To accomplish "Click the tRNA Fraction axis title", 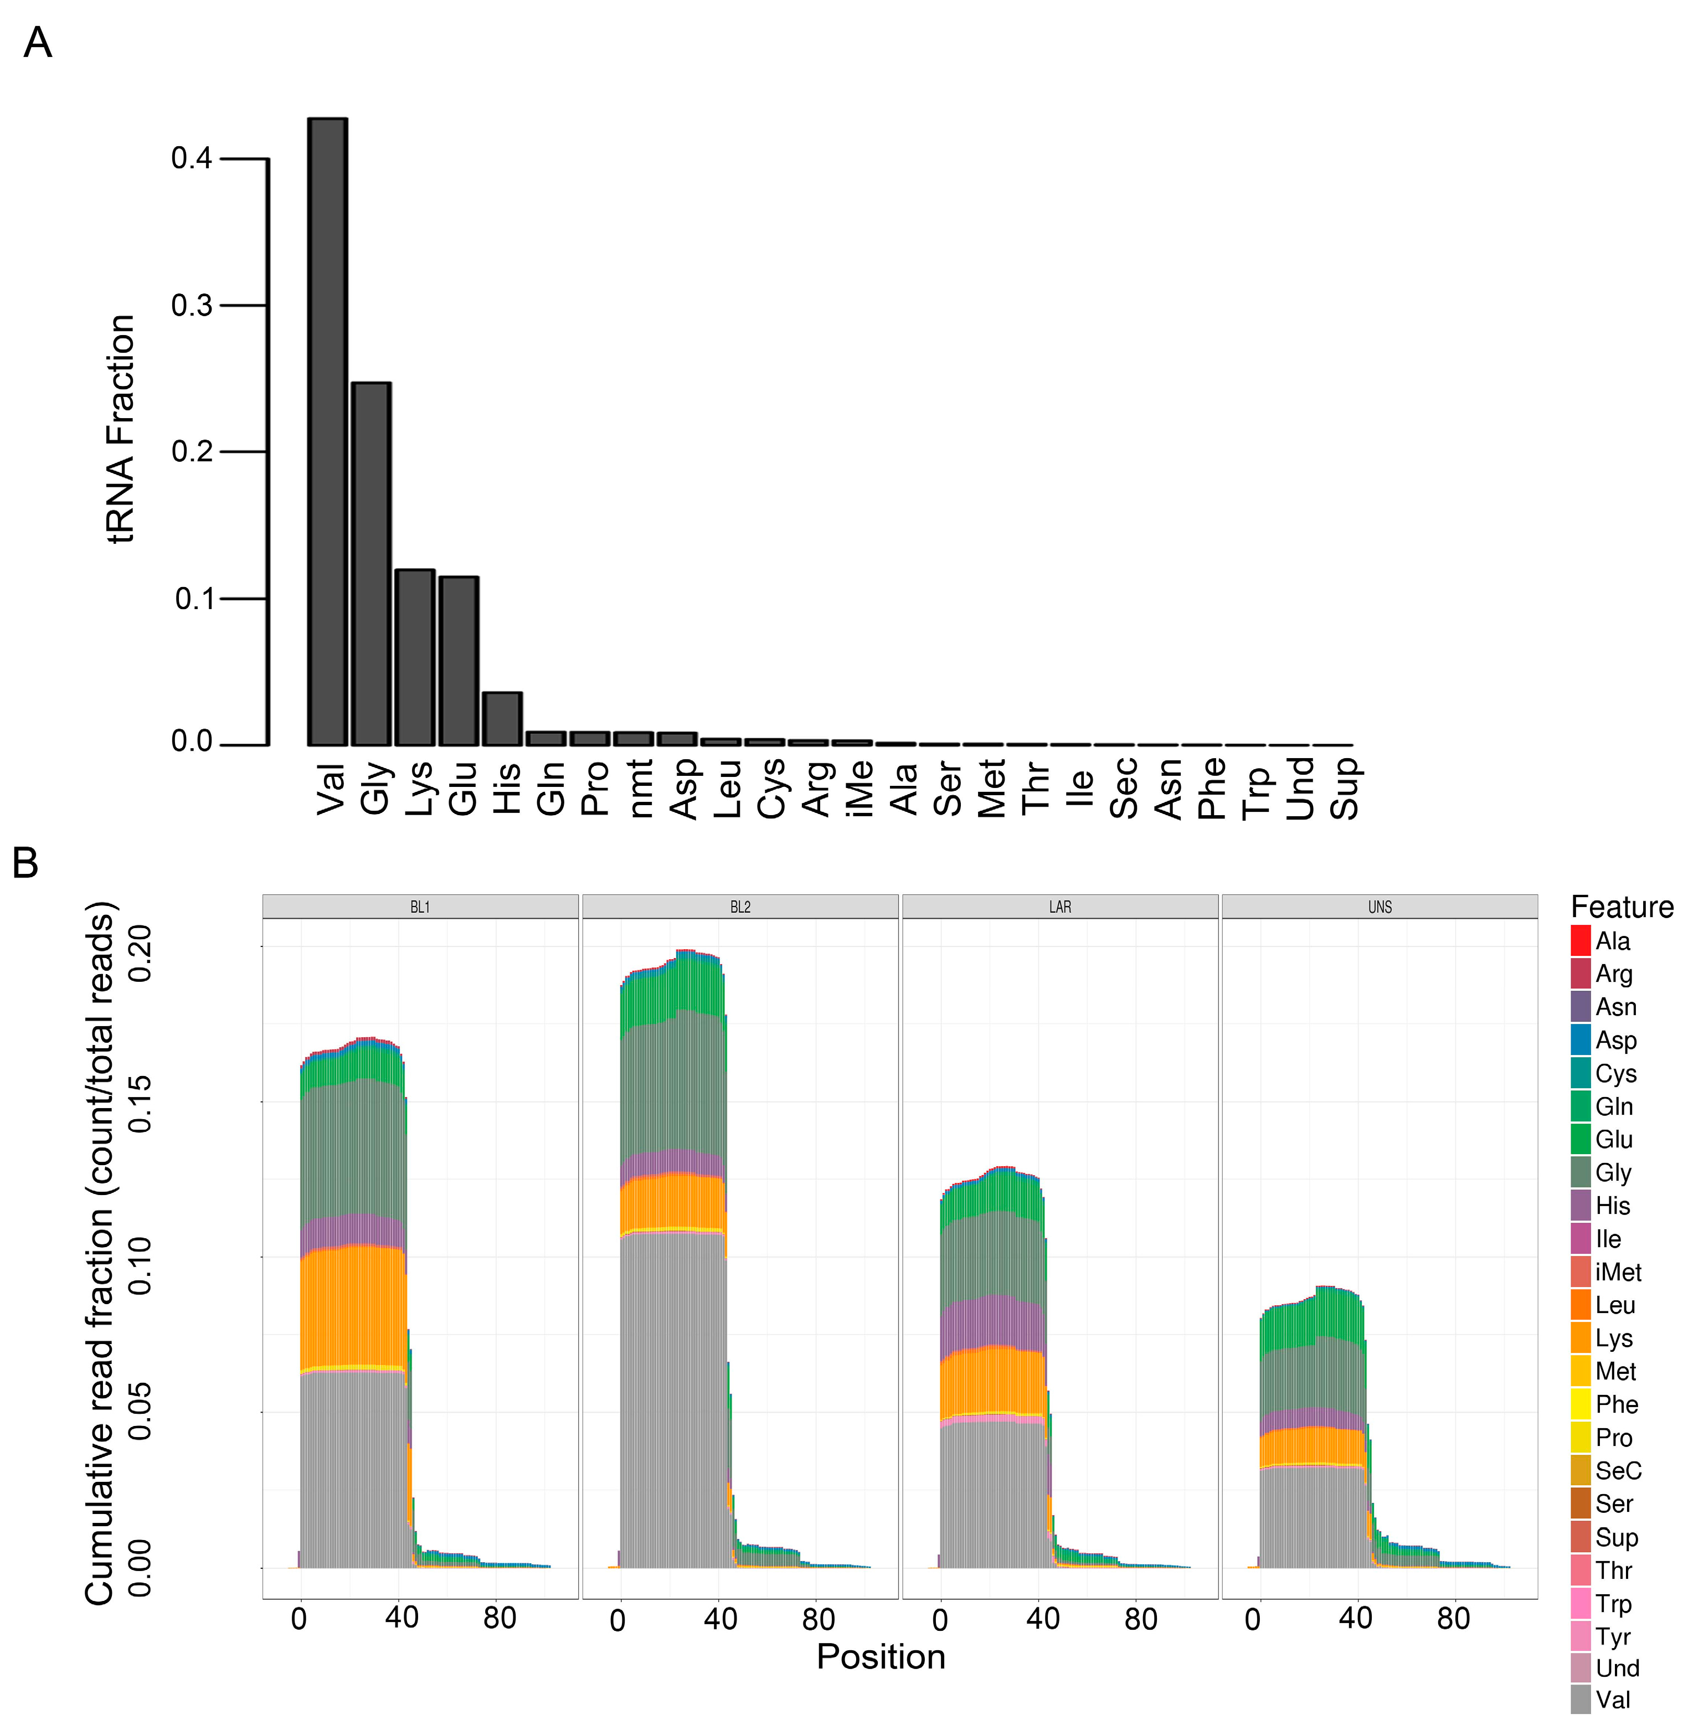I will (121, 430).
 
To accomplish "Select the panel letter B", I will (25, 863).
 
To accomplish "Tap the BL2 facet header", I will (740, 907).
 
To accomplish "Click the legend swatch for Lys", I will (1581, 1338).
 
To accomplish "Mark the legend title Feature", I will (1621, 907).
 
